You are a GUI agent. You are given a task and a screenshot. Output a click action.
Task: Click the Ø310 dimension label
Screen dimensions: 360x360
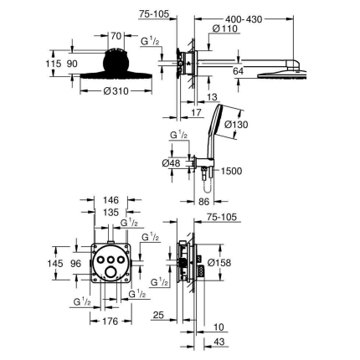116,91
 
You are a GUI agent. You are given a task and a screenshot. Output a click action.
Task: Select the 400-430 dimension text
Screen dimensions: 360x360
244,19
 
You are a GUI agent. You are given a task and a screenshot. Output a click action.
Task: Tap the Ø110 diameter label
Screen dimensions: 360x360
225,28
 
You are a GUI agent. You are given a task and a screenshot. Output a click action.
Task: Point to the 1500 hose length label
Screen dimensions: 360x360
231,171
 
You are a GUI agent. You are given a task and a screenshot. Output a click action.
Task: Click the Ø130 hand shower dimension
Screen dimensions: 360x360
236,125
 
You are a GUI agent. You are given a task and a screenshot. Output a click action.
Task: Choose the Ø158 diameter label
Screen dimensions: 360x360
219,263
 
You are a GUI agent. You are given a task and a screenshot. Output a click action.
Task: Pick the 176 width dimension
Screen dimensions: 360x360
111,321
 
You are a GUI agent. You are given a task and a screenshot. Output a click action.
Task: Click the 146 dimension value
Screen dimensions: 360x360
111,200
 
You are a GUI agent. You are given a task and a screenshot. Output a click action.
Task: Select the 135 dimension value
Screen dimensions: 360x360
111,213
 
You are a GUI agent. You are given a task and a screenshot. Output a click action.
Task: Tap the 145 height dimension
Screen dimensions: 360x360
55,263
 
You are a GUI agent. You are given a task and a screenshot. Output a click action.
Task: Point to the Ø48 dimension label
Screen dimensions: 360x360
171,163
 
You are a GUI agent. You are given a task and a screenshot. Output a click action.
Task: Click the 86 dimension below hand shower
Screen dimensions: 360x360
203,202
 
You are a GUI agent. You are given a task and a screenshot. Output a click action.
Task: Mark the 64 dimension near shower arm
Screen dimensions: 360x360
238,71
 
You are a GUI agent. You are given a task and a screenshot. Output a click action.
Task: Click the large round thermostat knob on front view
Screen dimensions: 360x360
111,271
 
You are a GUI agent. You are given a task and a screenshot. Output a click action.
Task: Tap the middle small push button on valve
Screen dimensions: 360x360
111,260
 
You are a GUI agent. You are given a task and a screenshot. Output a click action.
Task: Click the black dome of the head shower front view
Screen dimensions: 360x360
116,61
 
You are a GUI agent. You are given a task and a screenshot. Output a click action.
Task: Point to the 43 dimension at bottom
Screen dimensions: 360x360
220,342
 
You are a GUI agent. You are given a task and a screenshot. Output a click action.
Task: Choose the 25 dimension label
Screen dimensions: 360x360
158,316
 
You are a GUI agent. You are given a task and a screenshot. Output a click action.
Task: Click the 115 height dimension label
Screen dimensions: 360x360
54,64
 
